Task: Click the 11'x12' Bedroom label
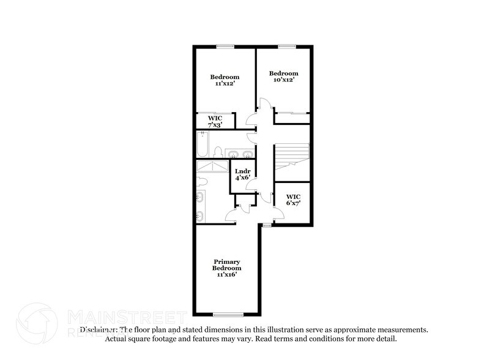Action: point(225,80)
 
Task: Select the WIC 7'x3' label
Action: point(214,121)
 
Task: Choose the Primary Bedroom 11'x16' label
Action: point(226,268)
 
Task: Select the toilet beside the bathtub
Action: point(218,151)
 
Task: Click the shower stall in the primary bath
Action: point(212,166)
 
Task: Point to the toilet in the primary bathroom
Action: point(203,181)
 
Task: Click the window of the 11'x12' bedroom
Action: point(225,45)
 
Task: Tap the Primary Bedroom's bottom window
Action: point(225,315)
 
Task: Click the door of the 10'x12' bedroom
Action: point(262,104)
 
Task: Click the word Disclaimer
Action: point(98,329)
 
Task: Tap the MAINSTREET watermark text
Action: point(125,317)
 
